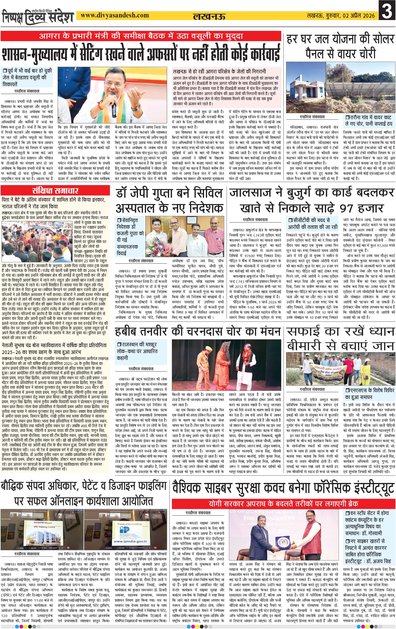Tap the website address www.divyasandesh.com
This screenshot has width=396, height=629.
pos(115,15)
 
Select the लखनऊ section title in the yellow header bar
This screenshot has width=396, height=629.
pos(209,17)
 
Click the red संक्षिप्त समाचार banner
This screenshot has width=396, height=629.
pos(55,190)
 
